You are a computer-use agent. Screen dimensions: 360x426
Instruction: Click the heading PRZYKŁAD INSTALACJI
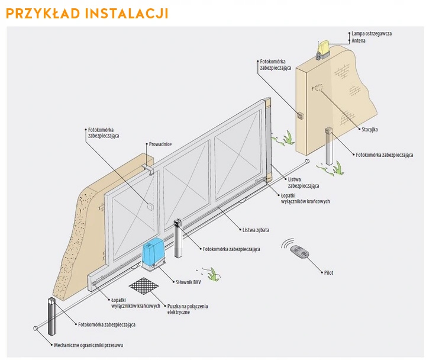tap(88, 12)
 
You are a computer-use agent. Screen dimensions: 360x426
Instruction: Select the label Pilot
tap(328, 272)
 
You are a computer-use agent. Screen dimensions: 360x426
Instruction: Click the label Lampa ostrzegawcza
tap(372, 34)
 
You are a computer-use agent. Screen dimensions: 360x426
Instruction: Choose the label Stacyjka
tap(369, 128)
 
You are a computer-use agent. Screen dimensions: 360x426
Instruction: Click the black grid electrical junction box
tap(146, 288)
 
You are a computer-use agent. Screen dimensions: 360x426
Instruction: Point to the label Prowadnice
tap(160, 144)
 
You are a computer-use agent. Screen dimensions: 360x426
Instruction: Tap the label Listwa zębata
tap(256, 229)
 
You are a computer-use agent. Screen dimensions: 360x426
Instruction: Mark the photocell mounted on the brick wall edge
tap(300, 115)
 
